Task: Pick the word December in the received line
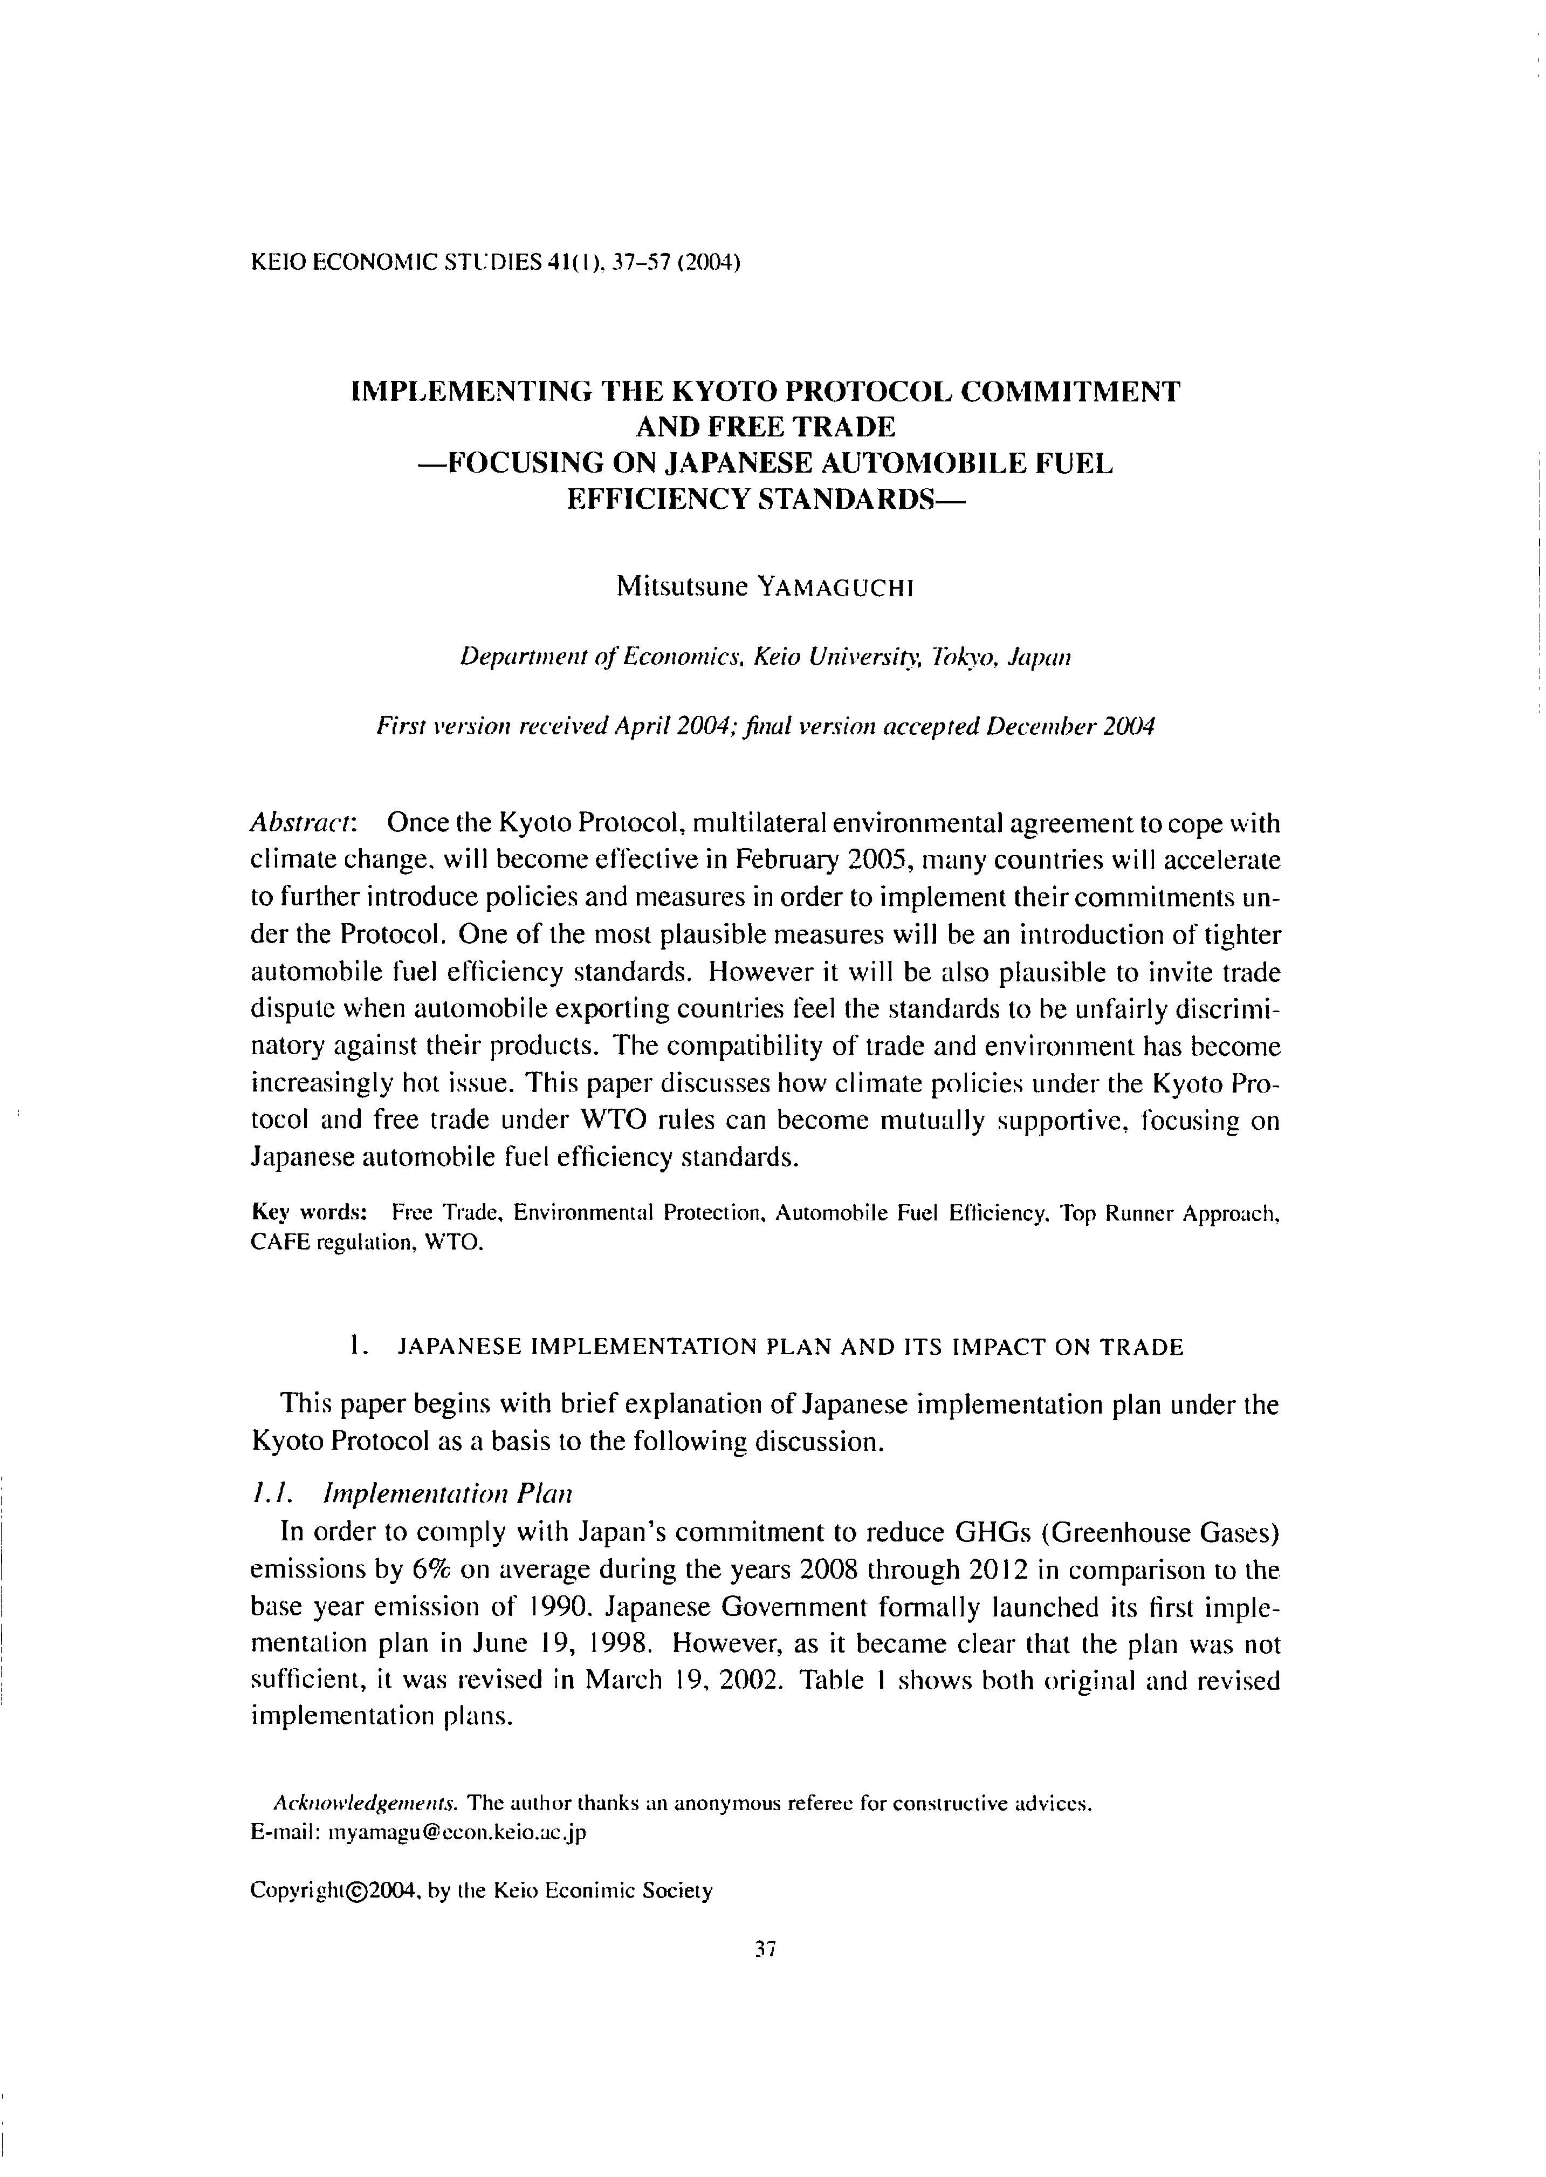point(1041,728)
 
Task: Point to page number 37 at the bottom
point(765,1949)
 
